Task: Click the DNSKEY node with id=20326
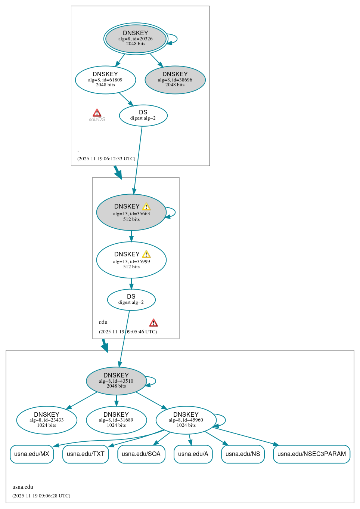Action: coord(136,39)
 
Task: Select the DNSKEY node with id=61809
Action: coord(105,80)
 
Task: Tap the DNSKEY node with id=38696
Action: coord(175,80)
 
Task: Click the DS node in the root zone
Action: coord(143,115)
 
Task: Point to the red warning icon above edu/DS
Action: coord(97,113)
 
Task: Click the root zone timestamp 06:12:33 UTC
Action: coord(106,159)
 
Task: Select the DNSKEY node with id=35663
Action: coord(131,212)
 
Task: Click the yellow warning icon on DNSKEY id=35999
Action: coord(146,254)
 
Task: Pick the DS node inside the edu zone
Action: coord(131,300)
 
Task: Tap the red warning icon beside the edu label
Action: coord(153,323)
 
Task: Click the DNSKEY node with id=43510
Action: coord(116,381)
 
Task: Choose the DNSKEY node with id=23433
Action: coord(47,420)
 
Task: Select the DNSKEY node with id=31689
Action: coord(116,420)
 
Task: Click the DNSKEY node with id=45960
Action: coord(186,420)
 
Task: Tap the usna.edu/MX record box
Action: coord(32,454)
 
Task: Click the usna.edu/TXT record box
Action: coord(86,454)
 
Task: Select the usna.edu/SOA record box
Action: coord(141,454)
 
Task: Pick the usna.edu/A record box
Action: coord(193,454)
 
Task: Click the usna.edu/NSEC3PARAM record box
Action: coord(311,454)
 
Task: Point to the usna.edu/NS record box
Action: coord(243,454)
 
